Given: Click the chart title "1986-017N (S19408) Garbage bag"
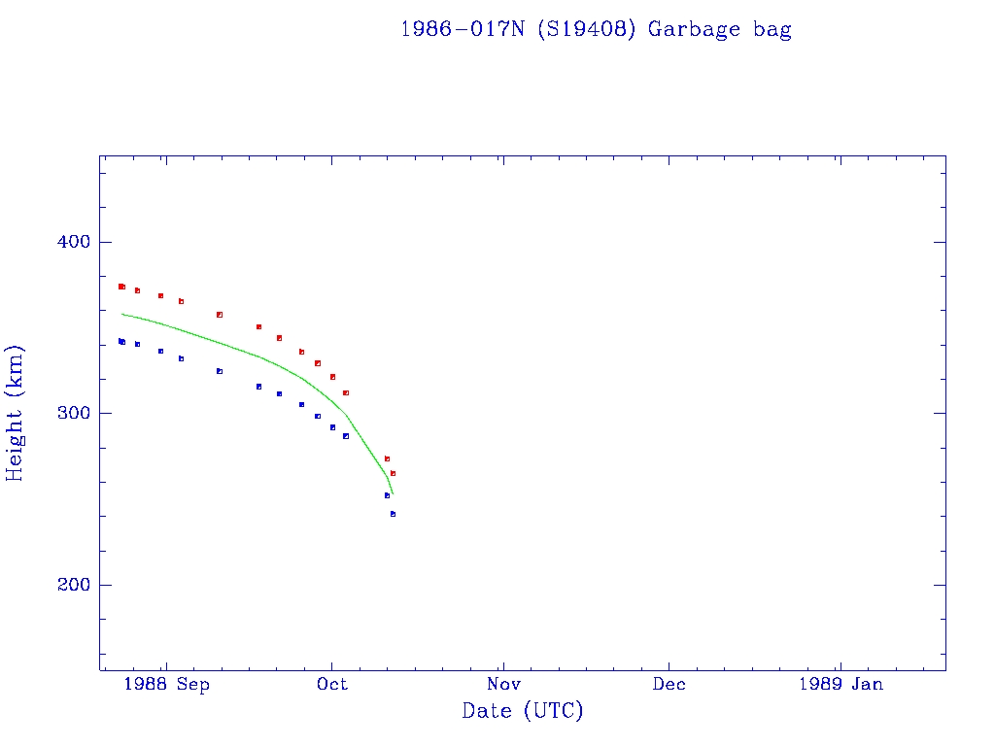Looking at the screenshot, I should [596, 29].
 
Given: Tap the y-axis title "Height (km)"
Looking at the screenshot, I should [16, 413].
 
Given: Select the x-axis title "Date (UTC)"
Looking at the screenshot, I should [523, 711].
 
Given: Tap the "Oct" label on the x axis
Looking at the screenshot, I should [331, 684].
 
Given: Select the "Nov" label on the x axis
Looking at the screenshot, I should [502, 684].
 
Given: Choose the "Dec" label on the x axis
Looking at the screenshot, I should [669, 684].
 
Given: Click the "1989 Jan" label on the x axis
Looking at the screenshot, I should [841, 684].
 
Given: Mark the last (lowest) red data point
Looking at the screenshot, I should [393, 473].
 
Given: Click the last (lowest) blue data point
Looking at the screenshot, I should [393, 514].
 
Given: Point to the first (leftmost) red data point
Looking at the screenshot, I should [120, 287].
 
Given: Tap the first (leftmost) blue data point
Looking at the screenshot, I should [120, 341].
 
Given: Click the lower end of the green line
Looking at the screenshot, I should [392, 494].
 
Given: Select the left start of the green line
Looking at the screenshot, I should [121, 314].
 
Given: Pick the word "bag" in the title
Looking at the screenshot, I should [772, 30].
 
